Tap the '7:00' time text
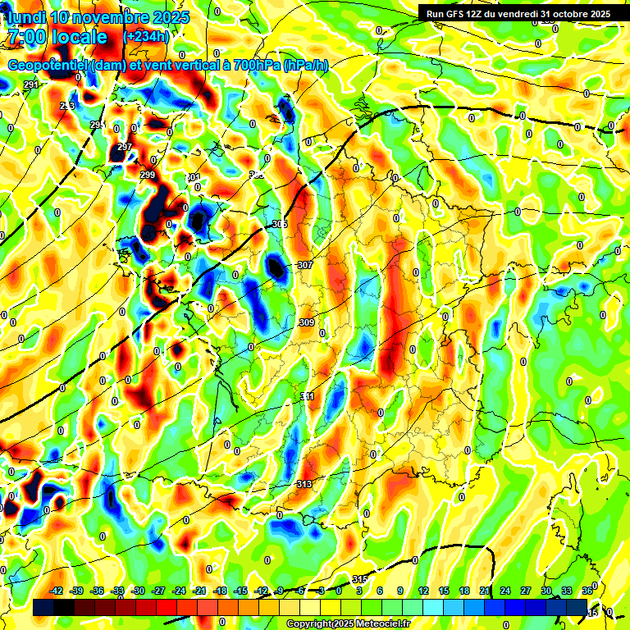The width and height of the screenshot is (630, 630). click(25, 37)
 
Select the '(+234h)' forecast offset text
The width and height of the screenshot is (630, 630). click(146, 37)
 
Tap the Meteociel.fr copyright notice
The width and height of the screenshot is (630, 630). click(348, 624)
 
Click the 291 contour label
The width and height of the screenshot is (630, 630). click(32, 85)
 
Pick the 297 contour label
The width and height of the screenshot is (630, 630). click(125, 147)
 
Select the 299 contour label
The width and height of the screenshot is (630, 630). click(147, 175)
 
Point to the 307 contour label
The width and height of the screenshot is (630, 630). click(305, 265)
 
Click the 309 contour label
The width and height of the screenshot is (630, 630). click(307, 322)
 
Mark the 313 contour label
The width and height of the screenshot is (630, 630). click(304, 484)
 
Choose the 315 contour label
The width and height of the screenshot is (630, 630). click(359, 580)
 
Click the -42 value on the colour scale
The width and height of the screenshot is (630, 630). click(57, 591)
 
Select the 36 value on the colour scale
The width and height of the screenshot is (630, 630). click(587, 591)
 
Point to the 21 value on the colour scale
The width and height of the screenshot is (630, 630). click(485, 591)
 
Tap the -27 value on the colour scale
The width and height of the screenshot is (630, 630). click(158, 591)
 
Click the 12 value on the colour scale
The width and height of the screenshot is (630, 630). click(423, 591)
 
